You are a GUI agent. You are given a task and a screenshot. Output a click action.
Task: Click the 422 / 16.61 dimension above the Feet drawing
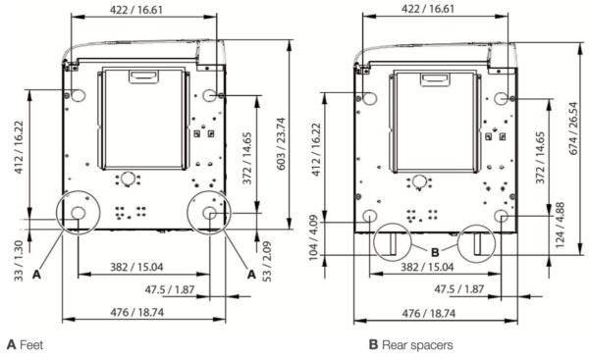145,8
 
